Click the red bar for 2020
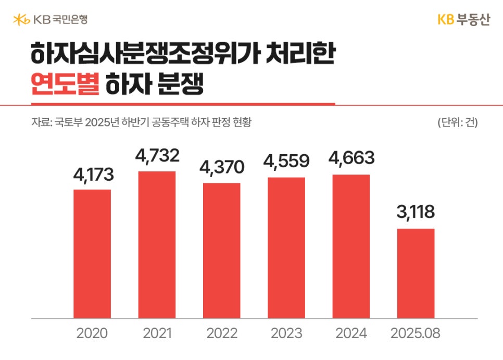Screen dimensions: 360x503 point(92,254)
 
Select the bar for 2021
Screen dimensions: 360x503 point(157,245)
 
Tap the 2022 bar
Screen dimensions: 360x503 point(222,251)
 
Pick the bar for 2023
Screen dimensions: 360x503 point(286,248)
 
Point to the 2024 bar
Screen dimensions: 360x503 point(351,246)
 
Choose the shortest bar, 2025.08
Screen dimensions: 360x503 point(416,274)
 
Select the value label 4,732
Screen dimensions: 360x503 point(157,155)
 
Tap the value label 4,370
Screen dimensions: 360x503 point(222,168)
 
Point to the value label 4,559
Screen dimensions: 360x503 point(286,162)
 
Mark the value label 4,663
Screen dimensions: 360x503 point(351,158)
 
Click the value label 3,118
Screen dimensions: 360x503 point(416,213)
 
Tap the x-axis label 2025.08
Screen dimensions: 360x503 point(416,333)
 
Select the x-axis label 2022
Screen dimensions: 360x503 point(222,333)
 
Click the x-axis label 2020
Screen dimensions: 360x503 point(92,333)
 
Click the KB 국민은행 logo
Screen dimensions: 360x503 point(50,20)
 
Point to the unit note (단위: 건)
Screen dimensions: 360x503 point(458,123)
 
